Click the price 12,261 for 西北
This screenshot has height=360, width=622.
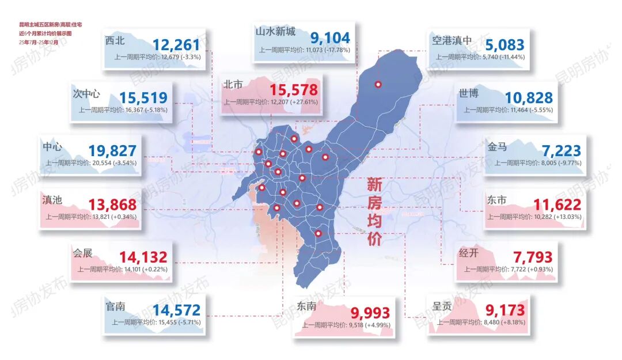pyautogui.click(x=176, y=44)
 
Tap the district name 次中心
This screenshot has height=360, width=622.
pyautogui.click(x=87, y=93)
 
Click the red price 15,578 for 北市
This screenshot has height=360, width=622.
pyautogui.click(x=294, y=89)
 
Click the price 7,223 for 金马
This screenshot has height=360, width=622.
pyautogui.click(x=562, y=151)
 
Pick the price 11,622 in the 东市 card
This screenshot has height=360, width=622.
pyautogui.click(x=557, y=204)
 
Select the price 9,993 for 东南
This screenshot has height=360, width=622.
pyautogui.click(x=374, y=312)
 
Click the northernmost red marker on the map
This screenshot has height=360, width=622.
pyautogui.click(x=378, y=85)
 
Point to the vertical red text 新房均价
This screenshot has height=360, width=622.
pyautogui.click(x=374, y=211)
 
